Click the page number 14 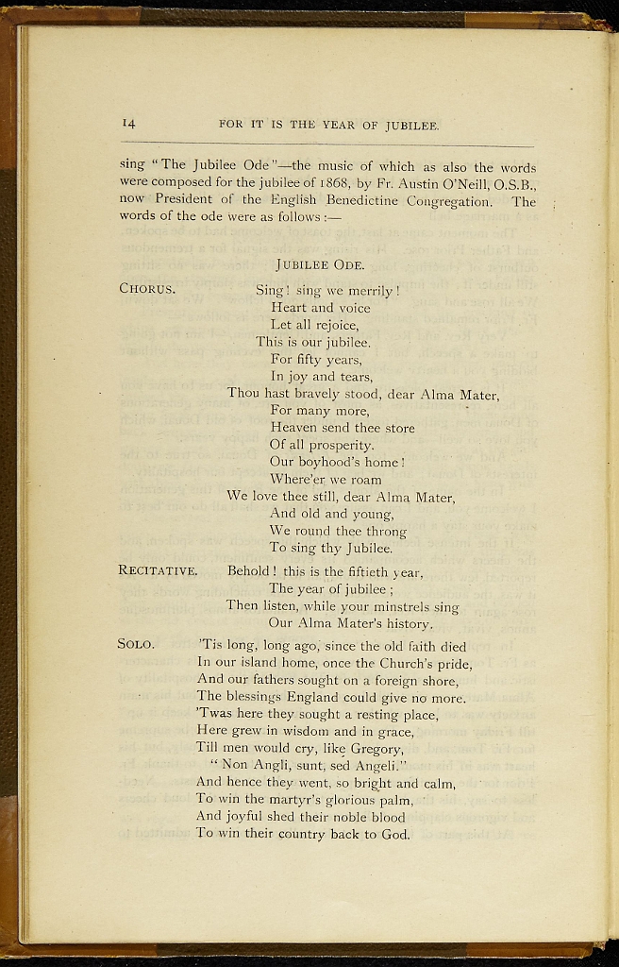pos(128,123)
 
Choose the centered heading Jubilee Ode pos(326,265)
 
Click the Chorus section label pos(147,289)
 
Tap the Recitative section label pos(158,570)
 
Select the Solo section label pos(136,644)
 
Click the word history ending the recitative pos(402,623)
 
